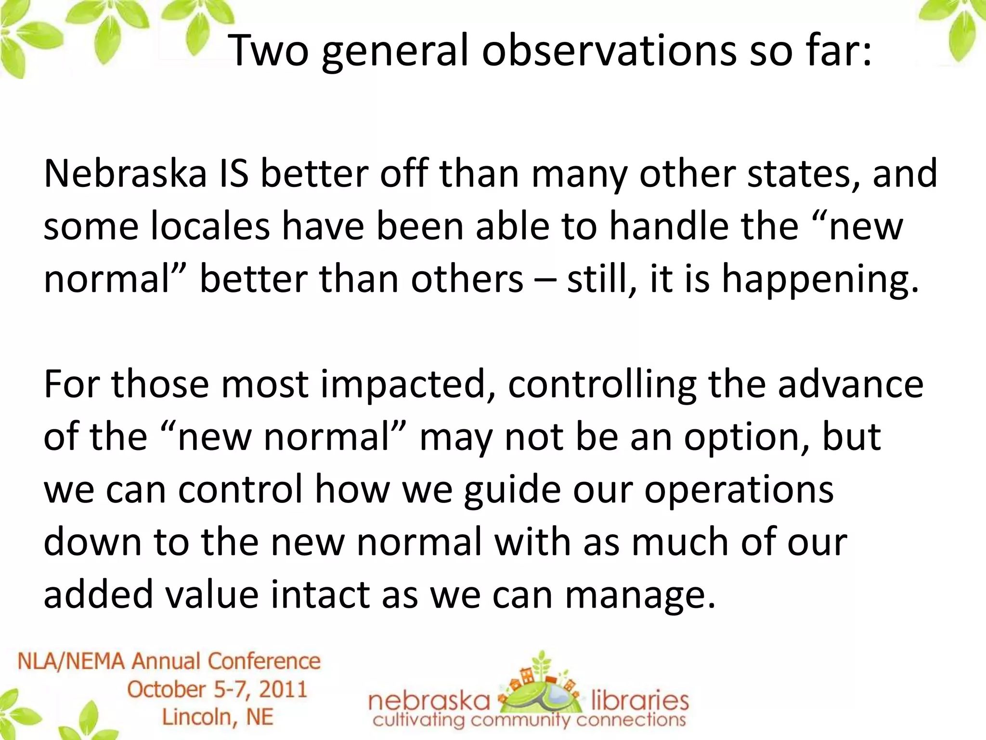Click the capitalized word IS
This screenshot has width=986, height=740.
click(x=234, y=173)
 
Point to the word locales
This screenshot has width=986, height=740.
click(x=210, y=226)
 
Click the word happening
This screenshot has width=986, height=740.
click(x=818, y=280)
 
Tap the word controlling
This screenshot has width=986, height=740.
click(x=602, y=384)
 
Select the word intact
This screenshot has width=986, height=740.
click(x=320, y=595)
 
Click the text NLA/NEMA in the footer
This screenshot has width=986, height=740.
click(x=71, y=661)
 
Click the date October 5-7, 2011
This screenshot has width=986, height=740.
click(x=217, y=689)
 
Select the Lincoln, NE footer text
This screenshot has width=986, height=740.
click(x=217, y=717)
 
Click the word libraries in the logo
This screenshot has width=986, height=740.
click(x=639, y=701)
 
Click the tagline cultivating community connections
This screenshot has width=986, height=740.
click(x=529, y=721)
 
